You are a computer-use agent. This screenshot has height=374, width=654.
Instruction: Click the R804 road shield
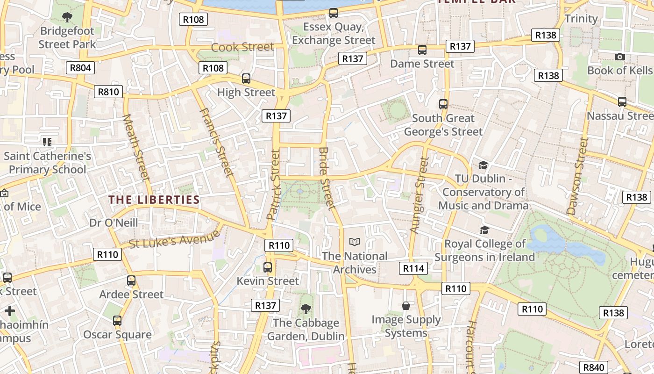pos(80,68)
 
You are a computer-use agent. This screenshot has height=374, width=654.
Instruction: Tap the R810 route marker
pos(108,92)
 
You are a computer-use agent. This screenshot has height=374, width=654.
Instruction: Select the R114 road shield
pos(413,268)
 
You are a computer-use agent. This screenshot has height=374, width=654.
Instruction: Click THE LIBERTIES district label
pos(154,200)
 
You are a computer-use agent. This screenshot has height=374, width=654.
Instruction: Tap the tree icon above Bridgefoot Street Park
pos(67,17)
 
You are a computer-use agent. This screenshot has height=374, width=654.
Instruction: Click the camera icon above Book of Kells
pos(619,57)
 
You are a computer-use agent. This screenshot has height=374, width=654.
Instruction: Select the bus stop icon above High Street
pos(246,78)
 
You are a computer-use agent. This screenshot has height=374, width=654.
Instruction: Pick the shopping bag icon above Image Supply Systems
pos(406,306)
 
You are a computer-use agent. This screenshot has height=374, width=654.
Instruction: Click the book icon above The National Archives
pos(355,242)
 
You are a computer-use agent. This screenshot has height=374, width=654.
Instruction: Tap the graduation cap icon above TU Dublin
pos(483,165)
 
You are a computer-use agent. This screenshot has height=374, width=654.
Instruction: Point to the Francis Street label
pos(216,143)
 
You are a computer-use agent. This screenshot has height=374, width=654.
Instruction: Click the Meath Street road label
pos(136,147)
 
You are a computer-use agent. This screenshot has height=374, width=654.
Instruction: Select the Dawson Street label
pos(577,176)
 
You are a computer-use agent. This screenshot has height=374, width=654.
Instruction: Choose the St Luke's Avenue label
pos(174,238)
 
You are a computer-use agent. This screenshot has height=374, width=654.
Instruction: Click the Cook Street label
pos(242,47)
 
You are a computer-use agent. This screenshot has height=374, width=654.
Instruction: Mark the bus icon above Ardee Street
pos(131,280)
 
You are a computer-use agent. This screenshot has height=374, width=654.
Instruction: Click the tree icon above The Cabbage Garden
pos(306,309)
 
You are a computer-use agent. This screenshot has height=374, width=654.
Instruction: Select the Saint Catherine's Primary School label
pos(48,162)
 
